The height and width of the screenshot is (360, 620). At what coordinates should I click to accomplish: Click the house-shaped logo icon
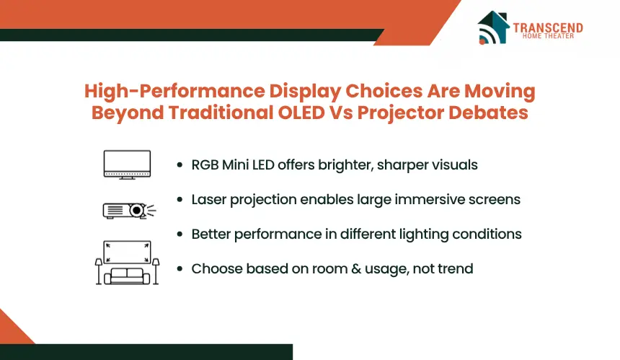tap(493, 27)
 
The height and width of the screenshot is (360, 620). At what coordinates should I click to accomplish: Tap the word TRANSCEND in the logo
tap(548, 27)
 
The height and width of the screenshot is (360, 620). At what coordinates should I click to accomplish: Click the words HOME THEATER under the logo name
tap(548, 36)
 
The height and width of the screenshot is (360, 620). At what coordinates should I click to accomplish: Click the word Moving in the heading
tap(500, 92)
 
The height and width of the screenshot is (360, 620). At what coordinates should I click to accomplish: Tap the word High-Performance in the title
tap(174, 92)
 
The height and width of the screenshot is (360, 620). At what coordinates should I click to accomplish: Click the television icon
tap(127, 164)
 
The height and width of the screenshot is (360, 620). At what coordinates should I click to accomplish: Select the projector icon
tap(129, 211)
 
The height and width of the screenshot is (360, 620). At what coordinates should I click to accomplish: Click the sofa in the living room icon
tap(127, 276)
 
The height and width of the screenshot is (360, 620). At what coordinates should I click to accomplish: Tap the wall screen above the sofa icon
tap(127, 252)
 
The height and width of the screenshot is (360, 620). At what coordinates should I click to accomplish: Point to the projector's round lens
tap(136, 210)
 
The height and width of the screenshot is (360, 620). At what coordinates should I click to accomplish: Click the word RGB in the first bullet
tap(205, 164)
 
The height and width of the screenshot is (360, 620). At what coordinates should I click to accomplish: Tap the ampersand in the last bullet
tap(356, 269)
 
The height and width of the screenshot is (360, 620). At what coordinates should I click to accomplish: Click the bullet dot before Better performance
tap(180, 234)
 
